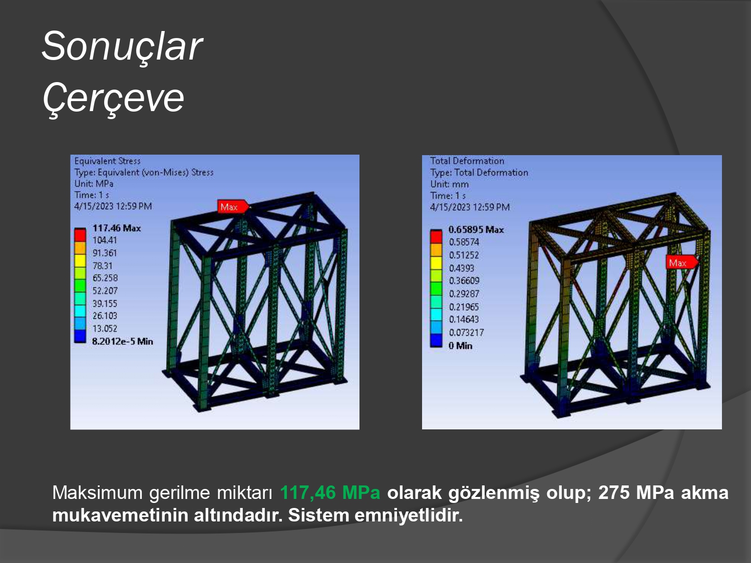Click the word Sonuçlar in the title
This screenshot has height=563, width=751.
pyautogui.click(x=123, y=46)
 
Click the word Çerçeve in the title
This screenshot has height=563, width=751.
pyautogui.click(x=113, y=98)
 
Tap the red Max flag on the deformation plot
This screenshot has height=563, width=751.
pyautogui.click(x=681, y=263)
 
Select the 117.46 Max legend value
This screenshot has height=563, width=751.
pyautogui.click(x=117, y=228)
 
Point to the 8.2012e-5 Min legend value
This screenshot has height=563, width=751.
pyautogui.click(x=123, y=341)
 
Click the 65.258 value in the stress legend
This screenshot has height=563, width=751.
pyautogui.click(x=105, y=278)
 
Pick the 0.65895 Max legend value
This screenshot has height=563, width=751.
pyautogui.click(x=476, y=229)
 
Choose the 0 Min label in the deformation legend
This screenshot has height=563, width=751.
pyautogui.click(x=460, y=346)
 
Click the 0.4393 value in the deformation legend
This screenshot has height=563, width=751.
pyautogui.click(x=462, y=268)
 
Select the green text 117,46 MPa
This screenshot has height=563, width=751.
pyautogui.click(x=330, y=492)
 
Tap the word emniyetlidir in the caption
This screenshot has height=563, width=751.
pyautogui.click(x=409, y=515)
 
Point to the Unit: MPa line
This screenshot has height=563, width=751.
pyautogui.click(x=94, y=184)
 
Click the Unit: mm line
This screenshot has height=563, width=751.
pyautogui.click(x=449, y=184)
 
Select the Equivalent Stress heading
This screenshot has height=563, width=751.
pyautogui.click(x=108, y=161)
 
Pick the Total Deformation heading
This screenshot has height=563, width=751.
pyautogui.click(x=467, y=161)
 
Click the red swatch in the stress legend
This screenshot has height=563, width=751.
pyautogui.click(x=80, y=235)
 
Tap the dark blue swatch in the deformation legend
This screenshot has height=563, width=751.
pyautogui.click(x=436, y=340)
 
